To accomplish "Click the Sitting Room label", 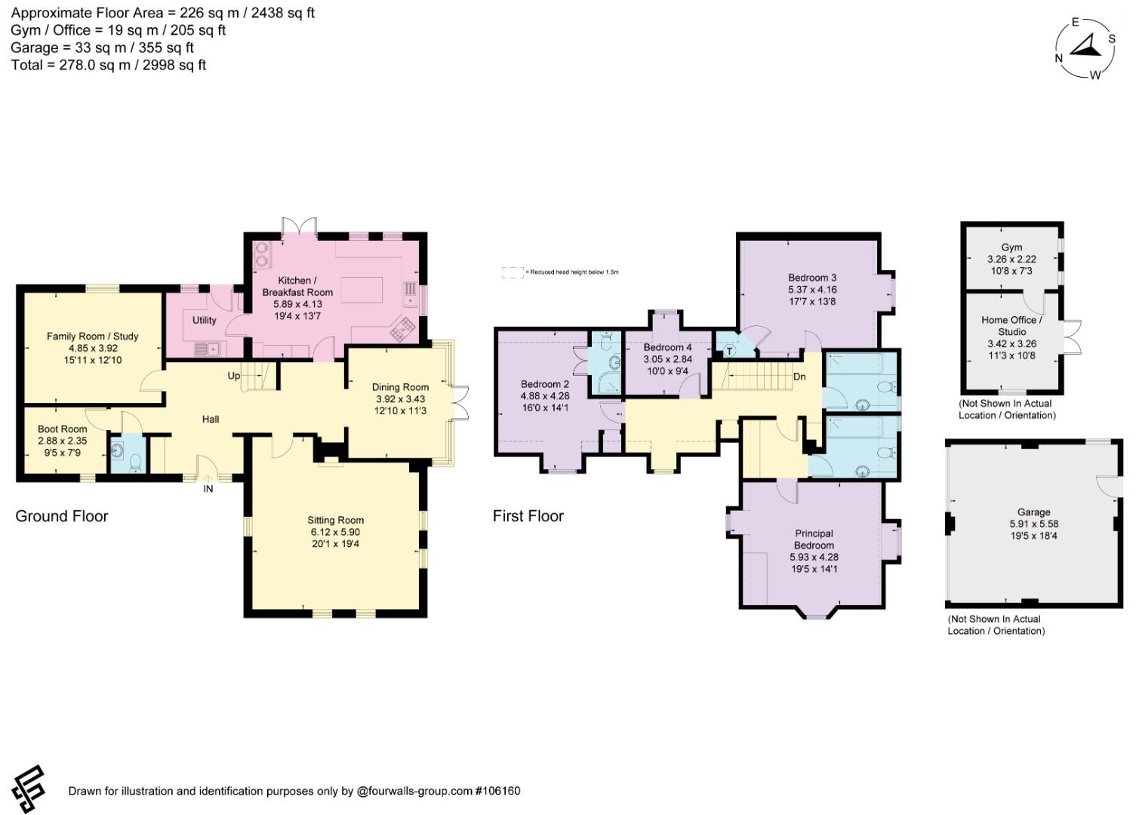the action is (x=335, y=520).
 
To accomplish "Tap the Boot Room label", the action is (x=63, y=429).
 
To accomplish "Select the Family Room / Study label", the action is (x=92, y=336).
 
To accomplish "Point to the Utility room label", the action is (x=205, y=320).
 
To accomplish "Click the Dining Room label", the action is (x=400, y=387).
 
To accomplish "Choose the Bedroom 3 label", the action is (x=812, y=278).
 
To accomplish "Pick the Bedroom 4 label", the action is (x=667, y=347).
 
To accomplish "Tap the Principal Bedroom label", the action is (x=814, y=539).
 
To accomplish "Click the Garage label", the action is (x=1033, y=512).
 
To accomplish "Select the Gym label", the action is (x=1011, y=248).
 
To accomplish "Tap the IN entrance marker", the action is (x=208, y=489).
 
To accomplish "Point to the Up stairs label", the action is (x=234, y=376).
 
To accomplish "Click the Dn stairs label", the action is (x=799, y=377).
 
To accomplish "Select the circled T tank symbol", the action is (x=729, y=350).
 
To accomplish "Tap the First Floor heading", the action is (x=528, y=516).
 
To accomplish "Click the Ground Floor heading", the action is (x=62, y=516).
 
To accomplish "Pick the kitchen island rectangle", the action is (x=361, y=290).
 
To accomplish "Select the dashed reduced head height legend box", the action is (x=513, y=272).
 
